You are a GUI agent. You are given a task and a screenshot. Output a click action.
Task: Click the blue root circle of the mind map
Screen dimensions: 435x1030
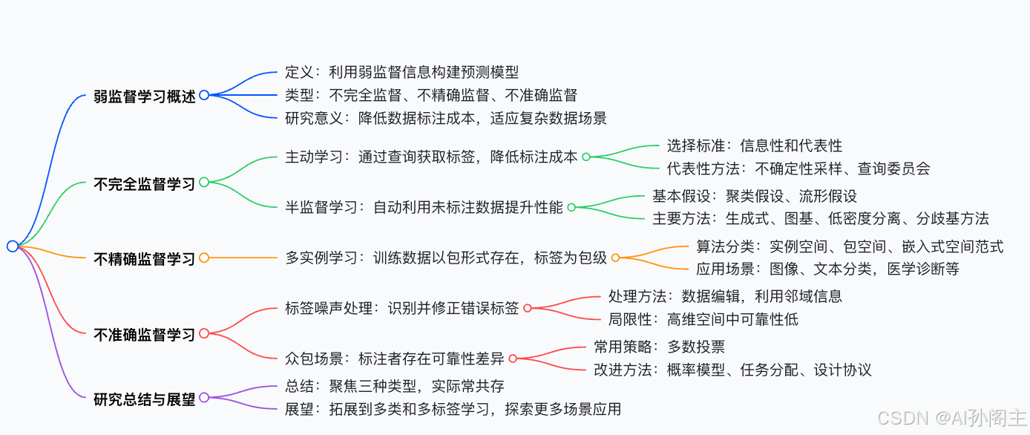point(12,246)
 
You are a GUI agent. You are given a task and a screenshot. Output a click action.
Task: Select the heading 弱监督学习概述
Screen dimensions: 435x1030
point(145,96)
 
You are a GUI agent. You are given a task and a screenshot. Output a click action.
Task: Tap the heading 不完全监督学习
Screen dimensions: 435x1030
point(145,183)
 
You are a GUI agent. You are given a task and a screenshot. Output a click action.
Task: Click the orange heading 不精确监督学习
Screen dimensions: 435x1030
point(145,258)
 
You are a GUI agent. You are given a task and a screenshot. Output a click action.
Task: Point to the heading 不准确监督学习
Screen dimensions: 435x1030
point(145,334)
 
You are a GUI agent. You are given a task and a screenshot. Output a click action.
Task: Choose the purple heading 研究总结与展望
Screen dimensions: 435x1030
point(145,399)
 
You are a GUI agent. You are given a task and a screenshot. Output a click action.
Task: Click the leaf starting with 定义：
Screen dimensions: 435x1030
point(401,72)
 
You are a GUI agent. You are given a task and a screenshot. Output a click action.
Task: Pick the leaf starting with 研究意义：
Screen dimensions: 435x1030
point(446,117)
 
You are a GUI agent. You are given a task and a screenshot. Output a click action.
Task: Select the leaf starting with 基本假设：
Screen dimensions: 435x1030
point(755,196)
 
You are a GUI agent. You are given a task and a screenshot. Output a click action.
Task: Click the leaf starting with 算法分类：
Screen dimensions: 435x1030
point(850,246)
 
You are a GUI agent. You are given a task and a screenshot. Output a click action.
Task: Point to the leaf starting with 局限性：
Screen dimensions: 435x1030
point(703,319)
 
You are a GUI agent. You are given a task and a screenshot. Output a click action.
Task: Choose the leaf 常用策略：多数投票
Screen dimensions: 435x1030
point(660,346)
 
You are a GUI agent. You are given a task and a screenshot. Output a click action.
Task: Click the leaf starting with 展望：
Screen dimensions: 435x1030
point(453,409)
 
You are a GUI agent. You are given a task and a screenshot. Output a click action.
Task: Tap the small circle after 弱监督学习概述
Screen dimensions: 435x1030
point(204,95)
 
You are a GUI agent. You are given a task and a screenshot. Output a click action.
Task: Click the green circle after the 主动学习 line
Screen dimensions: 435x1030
point(585,157)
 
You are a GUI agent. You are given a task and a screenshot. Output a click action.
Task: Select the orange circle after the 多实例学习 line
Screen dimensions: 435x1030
point(615,258)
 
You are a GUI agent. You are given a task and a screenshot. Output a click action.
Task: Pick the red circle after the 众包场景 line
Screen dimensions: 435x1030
point(512,359)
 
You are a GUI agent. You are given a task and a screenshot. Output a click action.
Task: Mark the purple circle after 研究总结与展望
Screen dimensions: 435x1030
point(204,398)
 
